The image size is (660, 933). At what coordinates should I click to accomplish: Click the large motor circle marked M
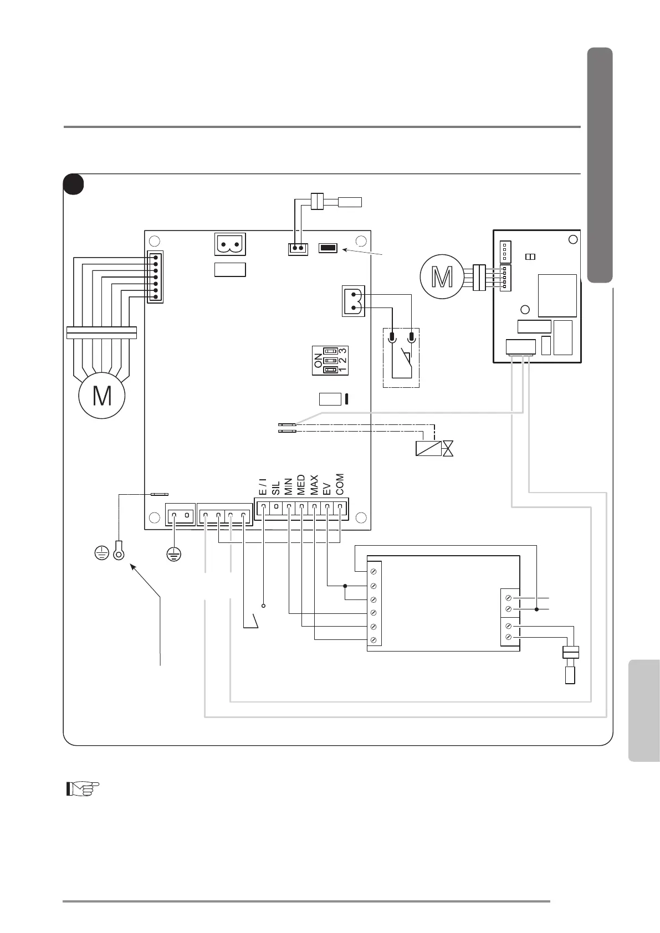point(102,396)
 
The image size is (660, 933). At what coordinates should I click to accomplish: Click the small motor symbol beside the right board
point(442,278)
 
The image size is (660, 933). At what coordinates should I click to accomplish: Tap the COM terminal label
point(340,484)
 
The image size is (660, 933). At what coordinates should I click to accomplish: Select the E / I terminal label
point(263,486)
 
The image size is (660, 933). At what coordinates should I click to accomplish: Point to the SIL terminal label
point(276,488)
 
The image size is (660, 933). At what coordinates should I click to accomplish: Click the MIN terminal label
point(289,486)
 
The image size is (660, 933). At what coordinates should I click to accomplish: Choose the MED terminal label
point(301,485)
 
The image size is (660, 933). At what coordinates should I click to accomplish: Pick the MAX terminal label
point(314,485)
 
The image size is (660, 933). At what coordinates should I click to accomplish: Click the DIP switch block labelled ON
point(330,360)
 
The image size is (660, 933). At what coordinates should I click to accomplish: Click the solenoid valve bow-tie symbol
point(448,448)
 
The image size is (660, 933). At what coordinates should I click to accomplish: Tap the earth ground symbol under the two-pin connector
point(175,553)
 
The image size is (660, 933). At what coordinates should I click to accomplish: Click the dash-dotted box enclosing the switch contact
point(401,358)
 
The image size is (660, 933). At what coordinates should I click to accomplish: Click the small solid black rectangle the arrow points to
point(328,248)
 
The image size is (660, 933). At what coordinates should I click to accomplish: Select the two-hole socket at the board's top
point(230,244)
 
